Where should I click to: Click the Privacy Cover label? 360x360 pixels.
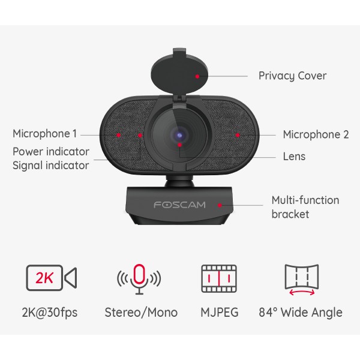pos(292,76)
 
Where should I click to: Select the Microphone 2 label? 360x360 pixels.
pos(316,134)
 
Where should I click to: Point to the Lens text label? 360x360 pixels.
pos(294,157)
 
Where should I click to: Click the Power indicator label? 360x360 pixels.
pos(51,152)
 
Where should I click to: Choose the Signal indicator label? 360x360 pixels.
pos(51,165)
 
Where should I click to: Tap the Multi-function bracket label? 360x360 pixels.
pos(305,207)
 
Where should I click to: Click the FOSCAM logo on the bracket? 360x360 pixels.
pos(179,205)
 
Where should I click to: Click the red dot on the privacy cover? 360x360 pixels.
pos(197,76)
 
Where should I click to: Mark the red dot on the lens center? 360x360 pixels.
pos(179,144)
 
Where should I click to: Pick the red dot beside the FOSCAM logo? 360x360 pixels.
pos(220,205)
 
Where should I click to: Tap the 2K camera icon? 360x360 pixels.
pos(51,278)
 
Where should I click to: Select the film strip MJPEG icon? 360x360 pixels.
pos(219,278)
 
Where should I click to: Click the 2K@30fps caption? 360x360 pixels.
pos(51,313)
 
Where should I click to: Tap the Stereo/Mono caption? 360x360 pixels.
pos(141,313)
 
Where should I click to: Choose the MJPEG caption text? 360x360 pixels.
pos(219,313)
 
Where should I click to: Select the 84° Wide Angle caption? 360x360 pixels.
pos(301,313)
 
